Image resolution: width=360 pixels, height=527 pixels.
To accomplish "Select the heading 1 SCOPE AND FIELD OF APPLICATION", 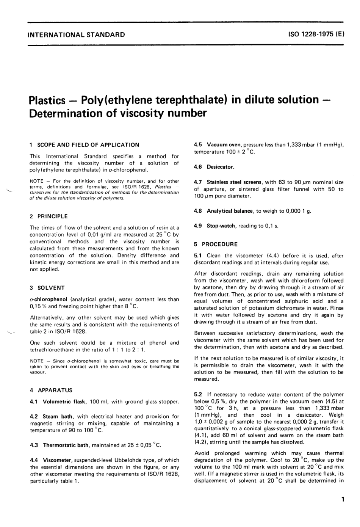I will pyautogui.click(x=84, y=145).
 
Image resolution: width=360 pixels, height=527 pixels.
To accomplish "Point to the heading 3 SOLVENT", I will pyautogui.click(x=47, y=288).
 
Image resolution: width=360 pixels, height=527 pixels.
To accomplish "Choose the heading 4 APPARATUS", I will pyautogui.click(x=51, y=390).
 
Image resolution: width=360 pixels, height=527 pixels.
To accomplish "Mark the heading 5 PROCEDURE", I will pyautogui.click(x=216, y=244).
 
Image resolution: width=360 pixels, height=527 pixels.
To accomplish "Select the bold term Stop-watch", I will pyautogui.click(x=221, y=226).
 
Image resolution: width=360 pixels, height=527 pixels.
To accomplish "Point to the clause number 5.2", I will pyautogui.click(x=198, y=395).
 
